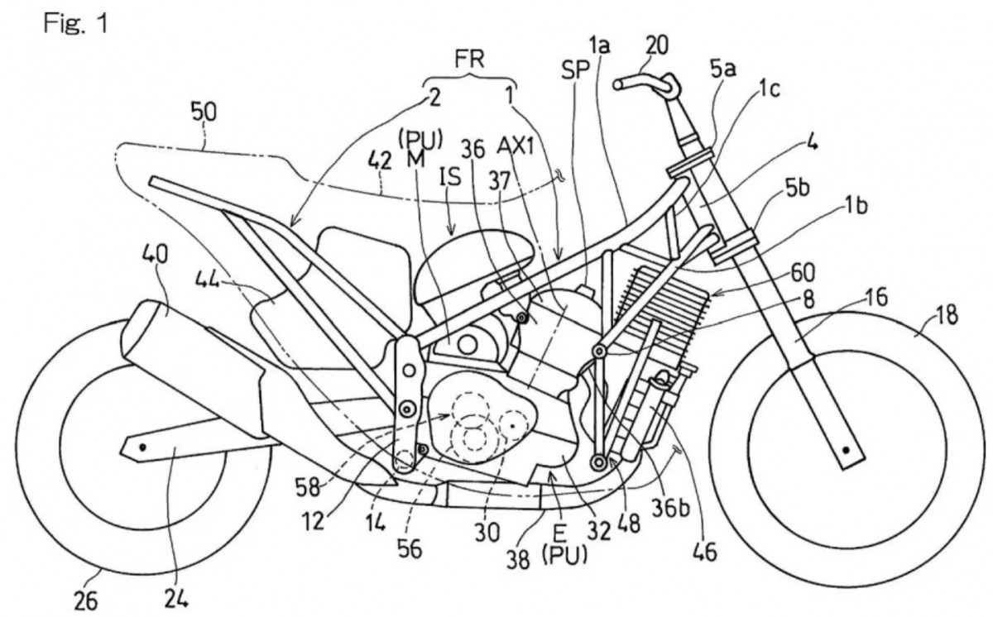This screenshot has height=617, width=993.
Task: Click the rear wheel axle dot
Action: [143, 447]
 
